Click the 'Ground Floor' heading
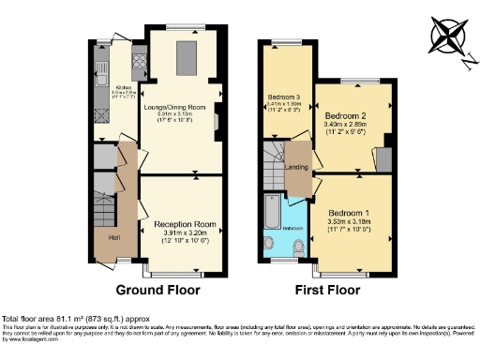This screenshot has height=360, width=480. [157, 290]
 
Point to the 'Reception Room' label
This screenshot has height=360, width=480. [178, 224]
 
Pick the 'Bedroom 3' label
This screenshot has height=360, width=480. [284, 97]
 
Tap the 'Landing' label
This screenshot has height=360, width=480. [297, 167]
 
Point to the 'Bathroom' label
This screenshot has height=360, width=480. [292, 226]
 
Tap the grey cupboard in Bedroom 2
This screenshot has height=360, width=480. [383, 159]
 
